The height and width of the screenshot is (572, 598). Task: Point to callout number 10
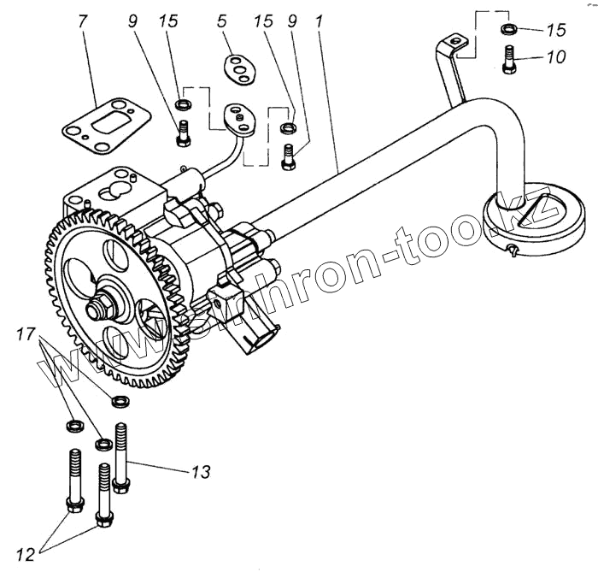click(555, 58)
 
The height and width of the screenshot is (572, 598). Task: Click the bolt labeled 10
click(509, 59)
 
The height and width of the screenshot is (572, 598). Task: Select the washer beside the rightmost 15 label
click(509, 31)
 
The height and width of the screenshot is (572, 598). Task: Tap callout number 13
click(200, 470)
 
